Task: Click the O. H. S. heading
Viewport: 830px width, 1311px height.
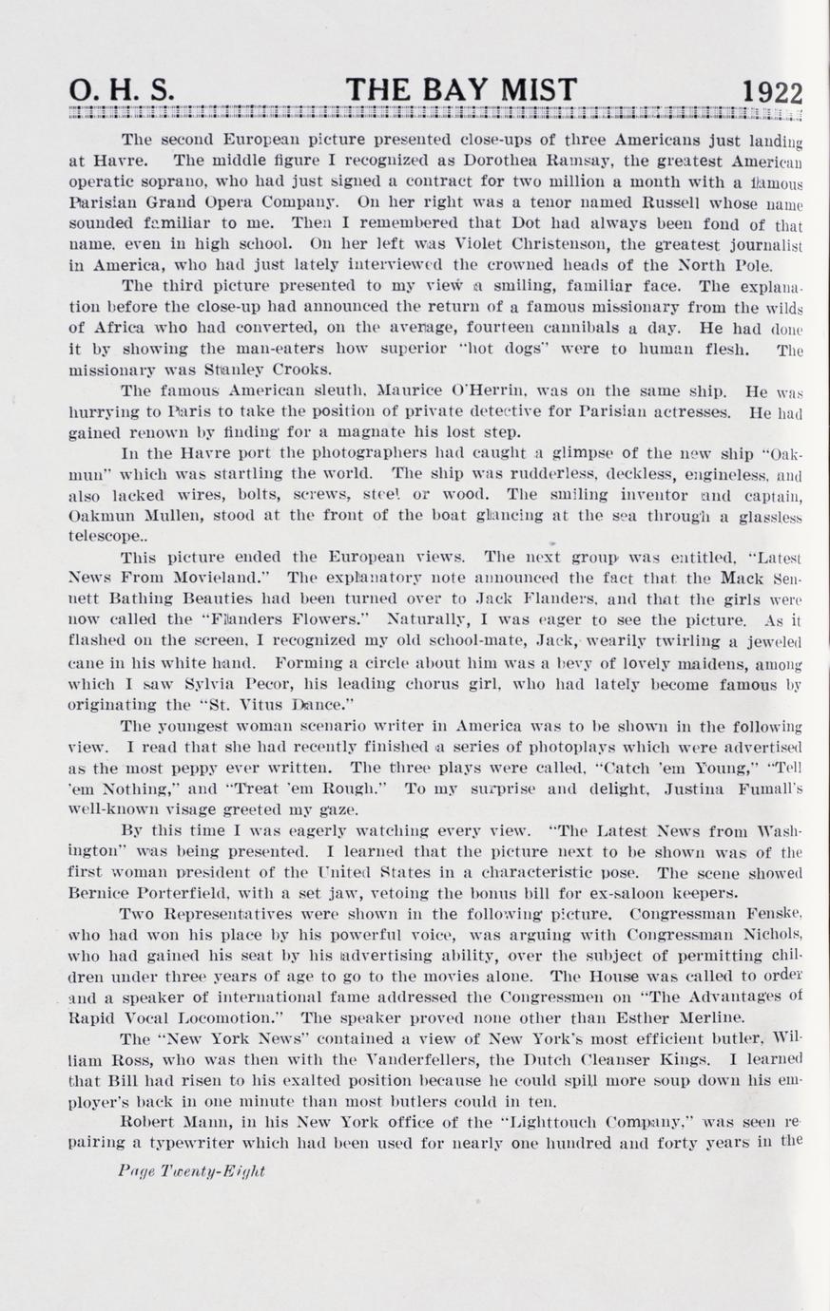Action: tap(123, 91)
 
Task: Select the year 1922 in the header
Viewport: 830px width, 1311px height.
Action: tap(772, 93)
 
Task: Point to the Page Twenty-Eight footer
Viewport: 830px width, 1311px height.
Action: tap(192, 1171)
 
